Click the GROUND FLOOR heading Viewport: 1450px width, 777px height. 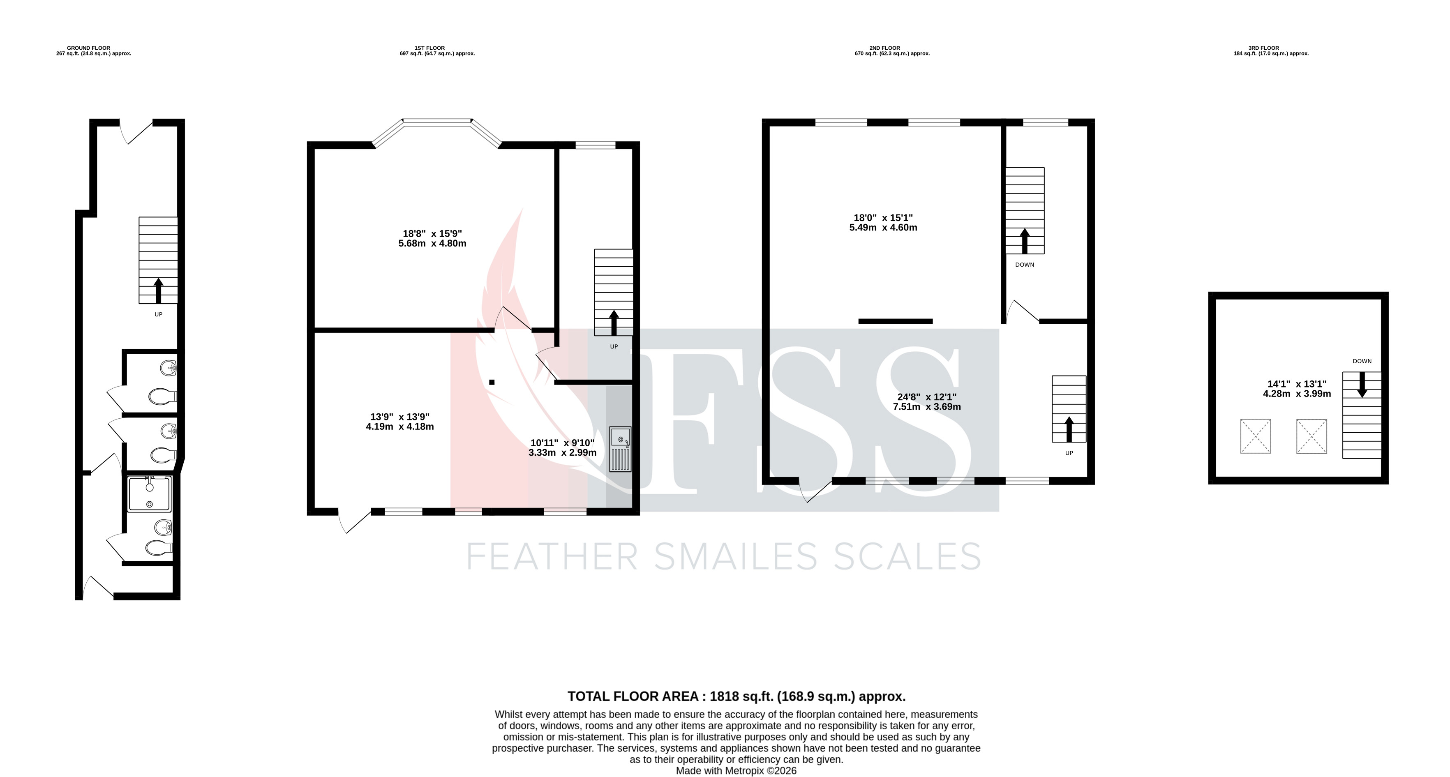[88, 48]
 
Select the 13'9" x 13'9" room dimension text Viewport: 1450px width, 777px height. [399, 422]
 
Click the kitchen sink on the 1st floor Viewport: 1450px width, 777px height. [620, 449]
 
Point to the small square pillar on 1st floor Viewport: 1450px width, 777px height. [492, 383]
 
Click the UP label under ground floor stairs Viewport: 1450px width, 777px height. [158, 314]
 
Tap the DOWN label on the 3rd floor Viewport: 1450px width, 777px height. [1362, 361]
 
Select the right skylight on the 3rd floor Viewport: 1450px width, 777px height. [1311, 436]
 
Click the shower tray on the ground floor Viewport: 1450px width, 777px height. [149, 494]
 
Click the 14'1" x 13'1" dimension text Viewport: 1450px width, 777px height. [1297, 389]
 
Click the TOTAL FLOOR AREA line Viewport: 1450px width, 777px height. [736, 696]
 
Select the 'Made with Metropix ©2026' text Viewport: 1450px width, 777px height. [736, 771]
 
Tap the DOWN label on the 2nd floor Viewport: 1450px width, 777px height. [1025, 265]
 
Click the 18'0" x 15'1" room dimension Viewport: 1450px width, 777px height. [883, 223]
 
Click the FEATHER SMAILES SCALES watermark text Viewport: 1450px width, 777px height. [724, 557]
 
